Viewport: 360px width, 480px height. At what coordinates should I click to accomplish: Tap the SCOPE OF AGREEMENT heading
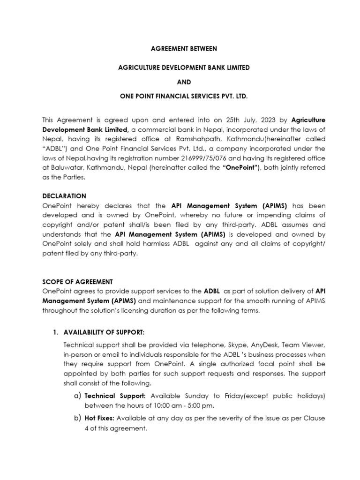tap(77, 282)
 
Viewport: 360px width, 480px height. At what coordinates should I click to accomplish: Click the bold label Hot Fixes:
tap(100, 418)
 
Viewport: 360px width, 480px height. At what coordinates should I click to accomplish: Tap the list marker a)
tap(78, 396)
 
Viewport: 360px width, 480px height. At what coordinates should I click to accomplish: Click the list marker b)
tap(78, 418)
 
